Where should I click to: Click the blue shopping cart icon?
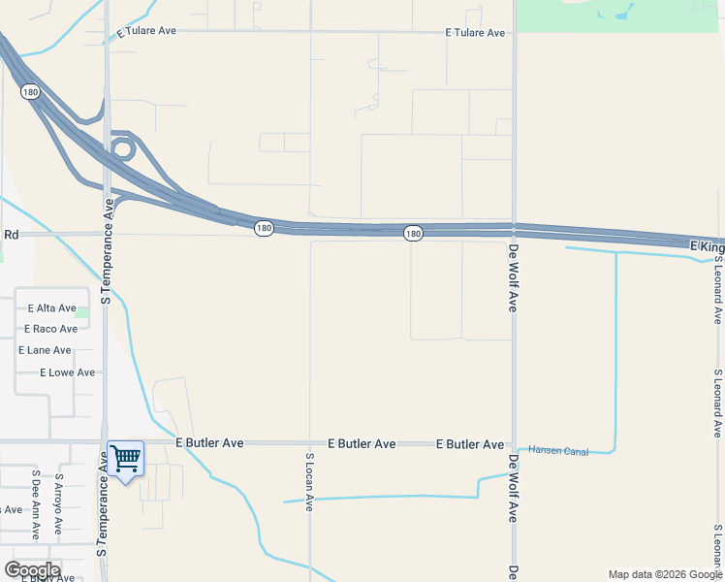[x=126, y=458]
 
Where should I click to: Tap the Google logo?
[x=32, y=569]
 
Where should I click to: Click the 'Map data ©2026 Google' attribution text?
[x=664, y=574]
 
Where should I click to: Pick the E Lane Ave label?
[x=45, y=350]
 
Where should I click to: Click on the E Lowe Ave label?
[x=68, y=372]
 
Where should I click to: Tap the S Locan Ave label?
[x=310, y=482]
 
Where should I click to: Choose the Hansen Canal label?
[x=558, y=450]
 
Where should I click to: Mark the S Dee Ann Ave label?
[x=36, y=505]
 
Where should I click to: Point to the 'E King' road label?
[x=707, y=248]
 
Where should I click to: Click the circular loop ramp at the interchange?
[x=122, y=149]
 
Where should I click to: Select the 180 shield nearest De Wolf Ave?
[x=413, y=234]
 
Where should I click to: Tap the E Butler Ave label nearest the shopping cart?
[x=209, y=443]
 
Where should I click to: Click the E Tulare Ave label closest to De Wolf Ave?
[x=475, y=33]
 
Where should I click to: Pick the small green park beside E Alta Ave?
[x=82, y=312]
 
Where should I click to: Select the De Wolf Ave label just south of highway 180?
[x=514, y=277]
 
